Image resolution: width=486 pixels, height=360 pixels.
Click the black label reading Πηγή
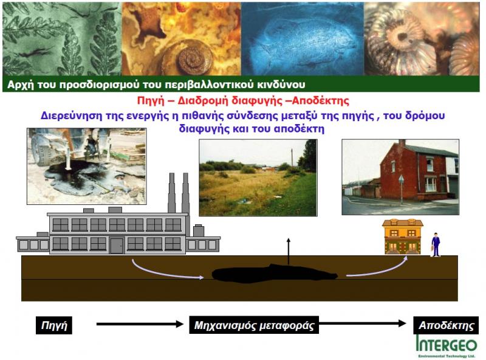54,325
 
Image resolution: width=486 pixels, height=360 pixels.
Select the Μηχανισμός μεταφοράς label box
254,325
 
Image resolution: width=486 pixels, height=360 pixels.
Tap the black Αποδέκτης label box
446,325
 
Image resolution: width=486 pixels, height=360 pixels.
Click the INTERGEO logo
447,346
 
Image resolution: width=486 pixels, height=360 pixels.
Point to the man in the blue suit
436,244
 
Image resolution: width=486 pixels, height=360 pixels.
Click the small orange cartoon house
403,237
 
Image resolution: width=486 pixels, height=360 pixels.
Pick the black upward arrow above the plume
289,251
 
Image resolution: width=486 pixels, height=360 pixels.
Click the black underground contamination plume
275,274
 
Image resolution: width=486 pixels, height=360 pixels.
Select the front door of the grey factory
117,245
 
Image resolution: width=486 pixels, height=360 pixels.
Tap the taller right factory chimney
186,192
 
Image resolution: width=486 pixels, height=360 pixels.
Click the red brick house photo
400,177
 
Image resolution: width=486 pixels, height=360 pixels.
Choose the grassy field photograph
258,178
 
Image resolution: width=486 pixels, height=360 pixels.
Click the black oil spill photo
86,167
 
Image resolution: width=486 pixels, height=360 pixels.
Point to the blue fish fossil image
303,39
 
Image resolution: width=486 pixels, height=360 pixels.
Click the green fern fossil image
62,39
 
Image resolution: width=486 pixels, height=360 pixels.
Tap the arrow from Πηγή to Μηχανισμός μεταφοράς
140,324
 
